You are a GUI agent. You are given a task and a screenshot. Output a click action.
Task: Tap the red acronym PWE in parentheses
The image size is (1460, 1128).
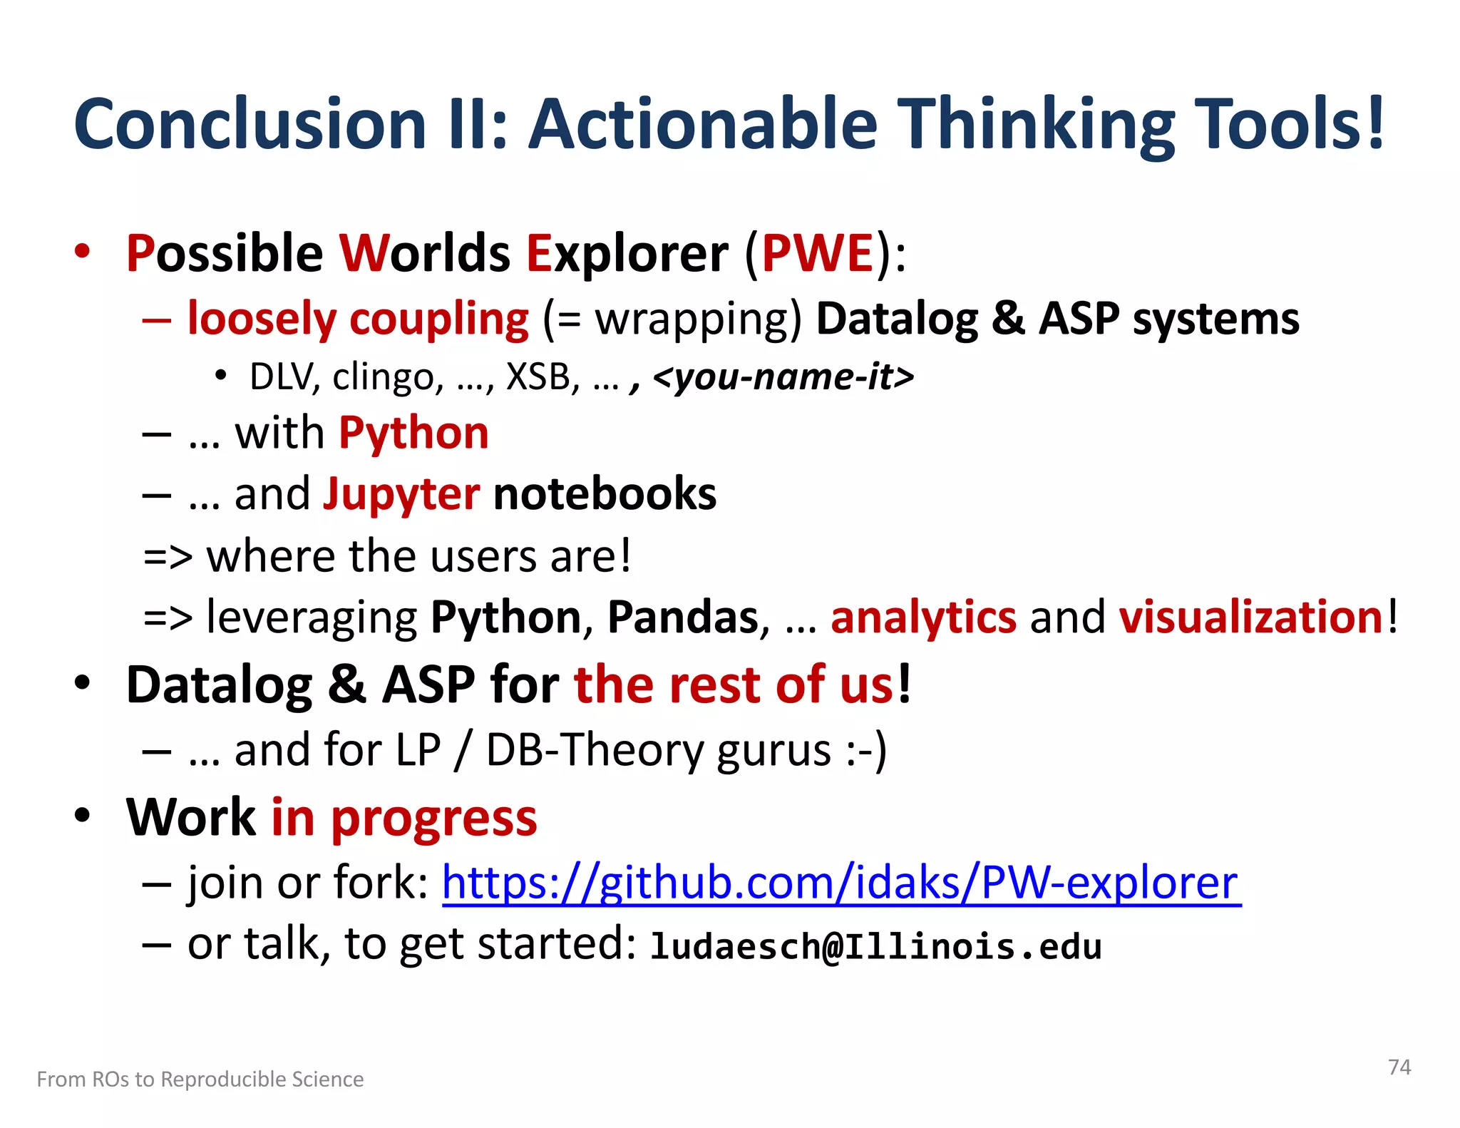(818, 253)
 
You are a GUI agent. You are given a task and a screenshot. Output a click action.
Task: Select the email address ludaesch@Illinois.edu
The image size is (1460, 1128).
(876, 947)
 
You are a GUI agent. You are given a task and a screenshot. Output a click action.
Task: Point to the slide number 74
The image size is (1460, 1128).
(1399, 1067)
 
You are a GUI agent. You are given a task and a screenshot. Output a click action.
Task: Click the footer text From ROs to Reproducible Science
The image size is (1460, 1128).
(200, 1079)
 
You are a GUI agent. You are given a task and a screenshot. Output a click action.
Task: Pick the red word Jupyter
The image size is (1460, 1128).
(401, 494)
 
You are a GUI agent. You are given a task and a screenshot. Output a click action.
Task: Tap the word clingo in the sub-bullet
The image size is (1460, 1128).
(384, 376)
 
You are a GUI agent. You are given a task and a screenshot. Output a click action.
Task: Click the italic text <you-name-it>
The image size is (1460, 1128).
(783, 376)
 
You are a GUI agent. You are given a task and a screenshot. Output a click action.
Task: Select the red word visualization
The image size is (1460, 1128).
(1251, 617)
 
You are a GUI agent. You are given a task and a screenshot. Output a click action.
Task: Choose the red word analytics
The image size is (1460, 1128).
(923, 617)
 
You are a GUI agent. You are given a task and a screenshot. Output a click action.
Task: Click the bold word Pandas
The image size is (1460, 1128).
(682, 617)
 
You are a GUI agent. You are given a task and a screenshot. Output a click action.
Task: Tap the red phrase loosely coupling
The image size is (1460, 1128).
(358, 319)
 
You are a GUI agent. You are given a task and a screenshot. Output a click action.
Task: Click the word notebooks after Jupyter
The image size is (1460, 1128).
(605, 494)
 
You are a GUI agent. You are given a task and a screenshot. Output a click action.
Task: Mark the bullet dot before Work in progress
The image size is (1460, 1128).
(83, 814)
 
